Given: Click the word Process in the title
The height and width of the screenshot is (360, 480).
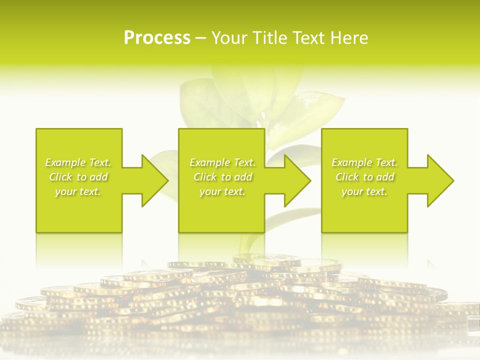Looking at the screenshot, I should [x=157, y=38].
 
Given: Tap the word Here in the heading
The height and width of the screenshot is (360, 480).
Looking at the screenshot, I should [x=350, y=38].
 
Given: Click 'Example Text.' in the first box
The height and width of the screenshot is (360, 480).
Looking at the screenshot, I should [x=78, y=162].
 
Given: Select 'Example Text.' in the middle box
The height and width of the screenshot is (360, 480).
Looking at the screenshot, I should [x=222, y=162].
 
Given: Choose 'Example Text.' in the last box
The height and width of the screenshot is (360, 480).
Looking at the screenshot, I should [x=364, y=162].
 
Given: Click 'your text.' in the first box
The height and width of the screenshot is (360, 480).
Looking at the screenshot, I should [x=78, y=191].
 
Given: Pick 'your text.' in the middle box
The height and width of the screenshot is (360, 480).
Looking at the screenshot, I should [x=222, y=191].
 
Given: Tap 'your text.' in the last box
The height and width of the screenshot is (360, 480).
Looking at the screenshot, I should [x=364, y=191].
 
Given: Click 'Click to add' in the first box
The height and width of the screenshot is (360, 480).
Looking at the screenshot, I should [x=78, y=177].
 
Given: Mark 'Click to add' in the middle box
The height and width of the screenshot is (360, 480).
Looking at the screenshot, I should [x=222, y=177].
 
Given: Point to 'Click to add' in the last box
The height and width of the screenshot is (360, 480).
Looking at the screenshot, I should [x=364, y=177].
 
